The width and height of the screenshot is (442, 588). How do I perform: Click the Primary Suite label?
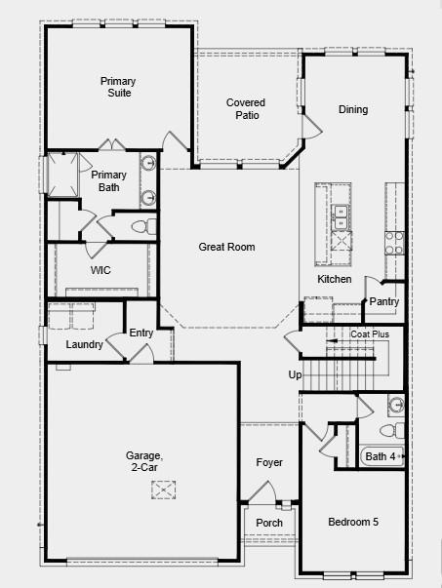[116, 87]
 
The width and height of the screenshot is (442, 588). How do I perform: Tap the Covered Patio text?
[246, 108]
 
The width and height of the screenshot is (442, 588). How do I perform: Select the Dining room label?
[353, 109]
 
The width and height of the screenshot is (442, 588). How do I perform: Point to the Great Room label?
[226, 248]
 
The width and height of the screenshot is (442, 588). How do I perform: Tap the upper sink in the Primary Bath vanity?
[148, 165]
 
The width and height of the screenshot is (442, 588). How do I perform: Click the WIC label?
[101, 271]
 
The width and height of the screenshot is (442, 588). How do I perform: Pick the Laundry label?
[85, 345]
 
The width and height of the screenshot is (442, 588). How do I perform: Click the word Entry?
[141, 333]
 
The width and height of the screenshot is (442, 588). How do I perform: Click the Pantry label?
[383, 302]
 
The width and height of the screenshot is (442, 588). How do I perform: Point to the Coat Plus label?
[370, 334]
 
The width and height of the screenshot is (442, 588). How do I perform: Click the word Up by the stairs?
[295, 374]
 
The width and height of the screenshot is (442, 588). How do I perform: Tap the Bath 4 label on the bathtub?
[380, 455]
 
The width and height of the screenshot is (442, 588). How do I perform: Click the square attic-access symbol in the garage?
[164, 490]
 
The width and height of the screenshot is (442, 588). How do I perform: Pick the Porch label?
[269, 524]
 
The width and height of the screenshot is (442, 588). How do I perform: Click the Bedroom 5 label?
[353, 523]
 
